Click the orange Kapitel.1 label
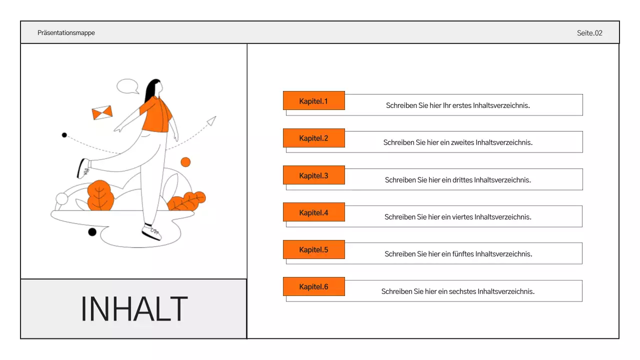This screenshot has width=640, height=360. pyautogui.click(x=313, y=100)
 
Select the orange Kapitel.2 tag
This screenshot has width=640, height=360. pyautogui.click(x=313, y=138)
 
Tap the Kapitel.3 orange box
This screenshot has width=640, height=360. pyautogui.click(x=313, y=175)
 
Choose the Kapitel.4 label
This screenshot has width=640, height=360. pyautogui.click(x=313, y=212)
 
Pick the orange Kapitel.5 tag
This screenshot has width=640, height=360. pyautogui.click(x=313, y=249)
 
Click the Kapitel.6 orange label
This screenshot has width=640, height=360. pyautogui.click(x=313, y=286)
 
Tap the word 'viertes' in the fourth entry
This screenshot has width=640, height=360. pyautogui.click(x=462, y=217)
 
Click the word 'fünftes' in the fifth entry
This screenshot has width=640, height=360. pyautogui.click(x=462, y=254)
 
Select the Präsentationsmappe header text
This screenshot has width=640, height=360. pyautogui.click(x=66, y=33)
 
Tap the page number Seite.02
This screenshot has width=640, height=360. pyautogui.click(x=589, y=33)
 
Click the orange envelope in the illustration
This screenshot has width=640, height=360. pyautogui.click(x=102, y=113)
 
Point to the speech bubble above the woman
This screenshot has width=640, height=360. pyautogui.click(x=127, y=86)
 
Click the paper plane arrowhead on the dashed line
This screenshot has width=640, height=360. pyautogui.click(x=212, y=120)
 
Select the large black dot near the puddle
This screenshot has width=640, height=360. pyautogui.click(x=92, y=232)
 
